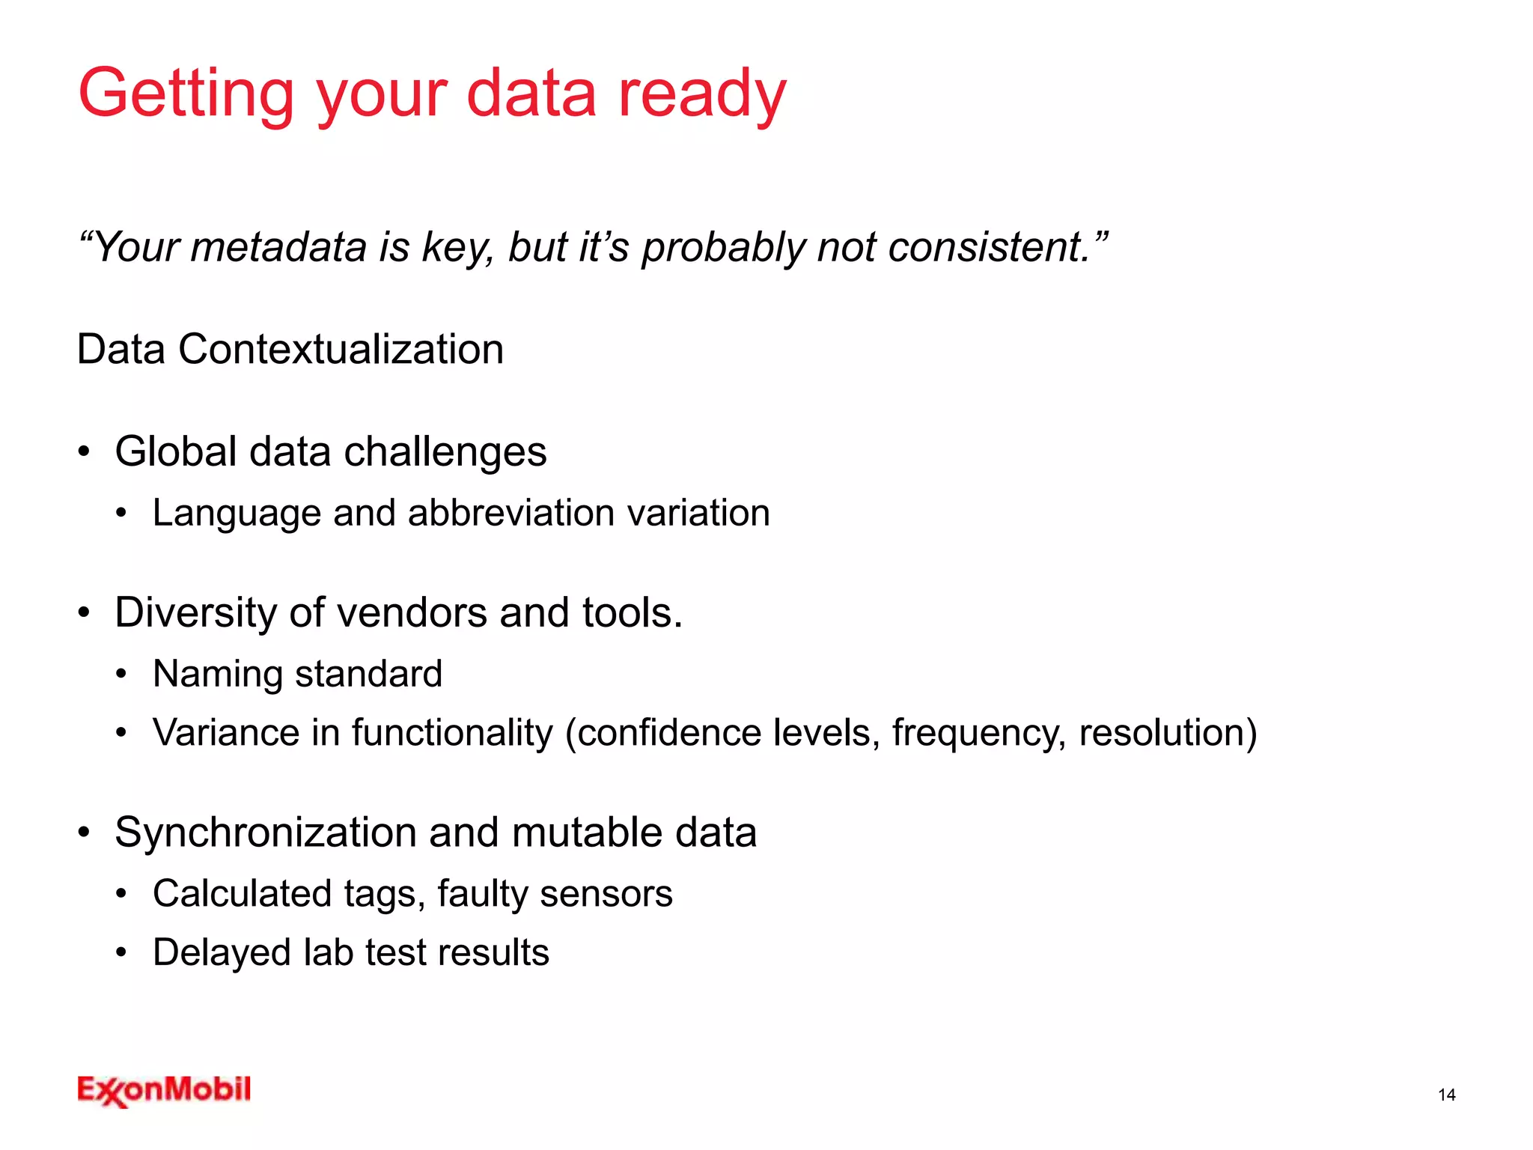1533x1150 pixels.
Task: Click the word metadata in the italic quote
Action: pos(278,248)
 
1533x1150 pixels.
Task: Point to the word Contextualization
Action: pos(341,350)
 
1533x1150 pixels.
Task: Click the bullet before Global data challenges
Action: pos(84,452)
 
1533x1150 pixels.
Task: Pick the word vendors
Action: pos(412,613)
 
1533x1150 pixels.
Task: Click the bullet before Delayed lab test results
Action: pos(121,953)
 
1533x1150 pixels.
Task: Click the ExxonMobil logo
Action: pos(164,1090)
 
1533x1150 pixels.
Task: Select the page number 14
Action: pos(1446,1095)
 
